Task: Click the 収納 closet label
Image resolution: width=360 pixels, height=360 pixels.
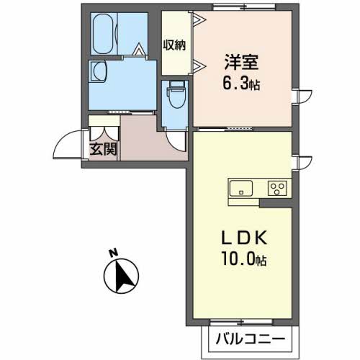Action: point(174,45)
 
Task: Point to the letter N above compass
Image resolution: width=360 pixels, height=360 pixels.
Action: point(112,253)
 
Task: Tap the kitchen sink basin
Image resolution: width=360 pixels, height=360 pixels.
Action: point(240,189)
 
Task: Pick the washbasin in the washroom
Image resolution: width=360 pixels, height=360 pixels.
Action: point(98,71)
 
